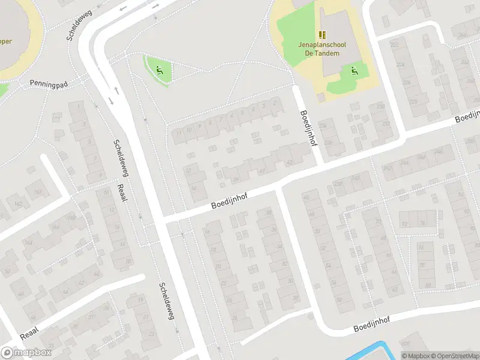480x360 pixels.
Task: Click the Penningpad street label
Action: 49,83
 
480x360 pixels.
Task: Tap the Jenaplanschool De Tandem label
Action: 319,49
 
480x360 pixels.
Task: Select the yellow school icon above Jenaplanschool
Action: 322,34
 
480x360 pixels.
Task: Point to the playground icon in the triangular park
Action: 158,70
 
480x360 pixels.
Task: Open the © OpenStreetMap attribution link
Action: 454,356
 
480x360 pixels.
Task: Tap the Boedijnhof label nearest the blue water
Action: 372,325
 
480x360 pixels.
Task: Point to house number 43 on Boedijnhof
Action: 289,162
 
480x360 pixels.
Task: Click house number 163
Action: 38,191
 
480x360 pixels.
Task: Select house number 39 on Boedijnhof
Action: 236,179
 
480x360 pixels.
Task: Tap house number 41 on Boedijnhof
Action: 262,171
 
